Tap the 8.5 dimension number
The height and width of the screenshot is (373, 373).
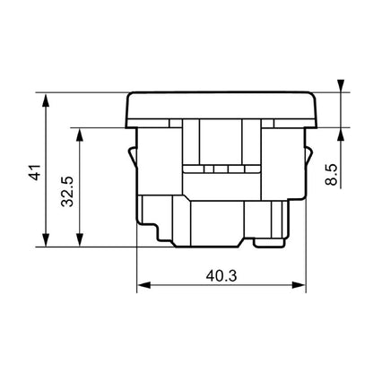coord(331,169)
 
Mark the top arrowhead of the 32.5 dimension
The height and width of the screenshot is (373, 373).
coord(81,131)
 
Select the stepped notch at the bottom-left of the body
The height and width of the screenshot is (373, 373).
coord(157,231)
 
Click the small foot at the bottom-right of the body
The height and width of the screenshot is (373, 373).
coord(269,240)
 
